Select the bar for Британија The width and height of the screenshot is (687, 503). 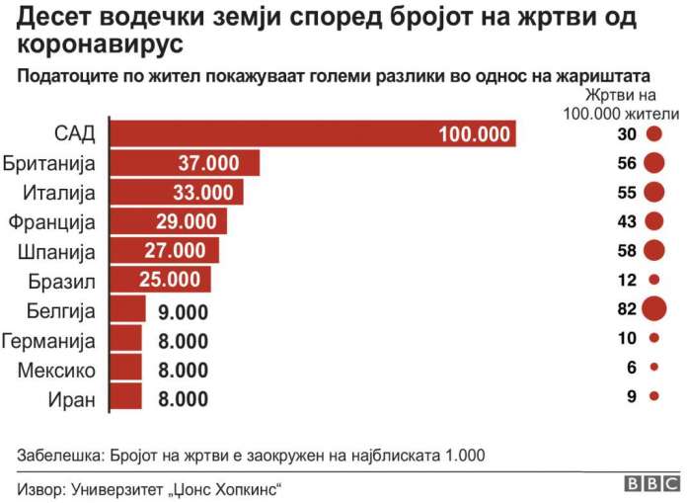tap(184, 163)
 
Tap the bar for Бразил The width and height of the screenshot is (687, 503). tap(159, 280)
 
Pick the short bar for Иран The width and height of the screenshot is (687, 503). tap(125, 398)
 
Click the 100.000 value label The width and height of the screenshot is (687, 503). tap(475, 134)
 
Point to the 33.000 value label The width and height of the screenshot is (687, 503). tap(202, 193)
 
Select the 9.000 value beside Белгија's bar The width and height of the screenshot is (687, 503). tap(183, 312)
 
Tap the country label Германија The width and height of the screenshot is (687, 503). tap(49, 342)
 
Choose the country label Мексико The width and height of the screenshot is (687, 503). tap(57, 372)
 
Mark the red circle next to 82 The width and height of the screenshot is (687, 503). tap(653, 309)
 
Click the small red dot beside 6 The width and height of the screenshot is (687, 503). tap(654, 367)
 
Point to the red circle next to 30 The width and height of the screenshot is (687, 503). tap(653, 134)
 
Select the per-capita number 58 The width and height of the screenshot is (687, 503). tap(626, 250)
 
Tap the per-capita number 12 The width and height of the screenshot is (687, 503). tap(626, 280)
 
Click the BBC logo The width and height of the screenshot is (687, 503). tap(650, 483)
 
